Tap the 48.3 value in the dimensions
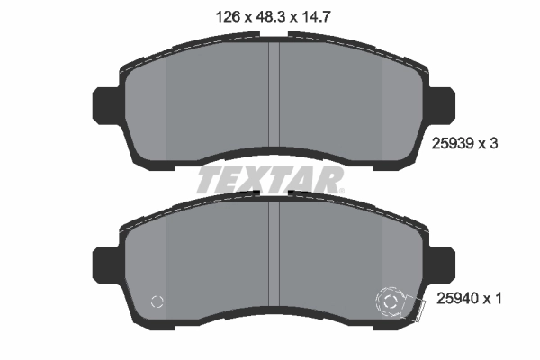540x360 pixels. [271, 16]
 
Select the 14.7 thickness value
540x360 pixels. [316, 16]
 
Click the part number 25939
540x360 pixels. [454, 143]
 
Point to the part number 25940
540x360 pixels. [458, 298]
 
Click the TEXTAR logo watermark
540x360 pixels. [270, 180]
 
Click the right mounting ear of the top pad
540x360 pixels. [442, 104]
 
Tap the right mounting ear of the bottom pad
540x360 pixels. [442, 264]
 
